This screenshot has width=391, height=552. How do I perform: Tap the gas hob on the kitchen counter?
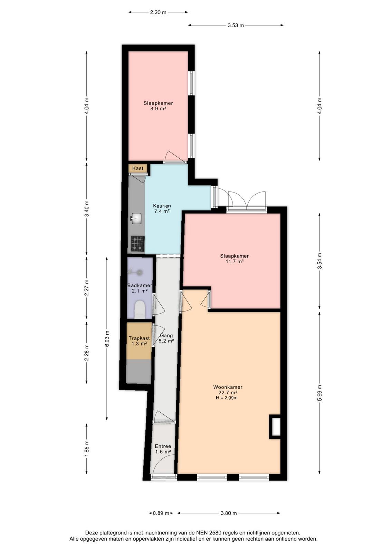pos(138,244)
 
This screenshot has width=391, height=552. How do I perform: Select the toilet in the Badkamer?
pos(140,309)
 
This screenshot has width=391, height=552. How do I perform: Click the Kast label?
pos(138,168)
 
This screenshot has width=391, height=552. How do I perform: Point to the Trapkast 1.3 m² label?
pos(139,341)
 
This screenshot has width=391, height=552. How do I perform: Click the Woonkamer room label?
pos(228,387)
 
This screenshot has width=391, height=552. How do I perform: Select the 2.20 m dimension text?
pos(158,12)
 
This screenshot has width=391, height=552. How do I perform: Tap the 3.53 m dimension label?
pos(236,25)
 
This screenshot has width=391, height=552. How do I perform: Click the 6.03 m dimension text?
pos(107,338)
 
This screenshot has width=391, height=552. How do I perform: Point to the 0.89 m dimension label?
pos(161,513)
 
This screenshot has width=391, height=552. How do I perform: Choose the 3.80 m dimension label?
pos(228,513)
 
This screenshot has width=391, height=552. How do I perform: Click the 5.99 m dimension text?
pos(320,393)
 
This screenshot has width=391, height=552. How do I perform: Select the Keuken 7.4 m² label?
pos(162,208)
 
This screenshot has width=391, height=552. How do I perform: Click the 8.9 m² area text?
pos(158,108)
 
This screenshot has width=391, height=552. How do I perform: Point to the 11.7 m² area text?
pos(234,261)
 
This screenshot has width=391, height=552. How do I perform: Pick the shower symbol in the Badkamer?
pos(135,272)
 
